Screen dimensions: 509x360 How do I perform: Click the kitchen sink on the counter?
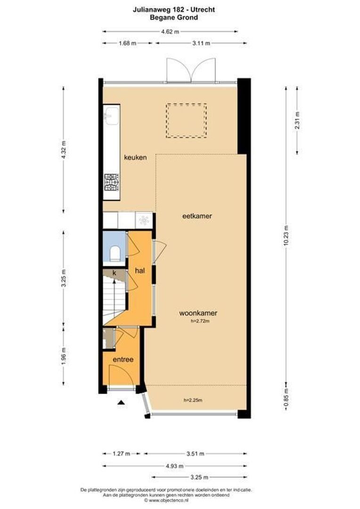click(112, 115)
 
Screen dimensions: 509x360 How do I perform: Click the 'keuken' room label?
click(135, 157)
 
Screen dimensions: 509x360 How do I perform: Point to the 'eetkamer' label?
click(197, 216)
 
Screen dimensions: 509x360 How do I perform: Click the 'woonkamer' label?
click(198, 312)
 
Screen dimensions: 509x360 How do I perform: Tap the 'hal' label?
click(140, 271)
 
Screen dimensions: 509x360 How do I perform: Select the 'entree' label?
click(123, 359)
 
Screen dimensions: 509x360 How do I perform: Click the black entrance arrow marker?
click(121, 402)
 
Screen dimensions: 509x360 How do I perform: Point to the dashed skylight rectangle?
click(186, 121)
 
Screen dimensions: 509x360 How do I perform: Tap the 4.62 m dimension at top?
click(170, 32)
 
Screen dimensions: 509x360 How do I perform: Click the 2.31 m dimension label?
click(297, 120)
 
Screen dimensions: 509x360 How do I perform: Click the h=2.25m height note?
click(193, 401)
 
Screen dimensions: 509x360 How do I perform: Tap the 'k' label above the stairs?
click(114, 272)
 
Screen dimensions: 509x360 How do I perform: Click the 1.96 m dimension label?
click(64, 357)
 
